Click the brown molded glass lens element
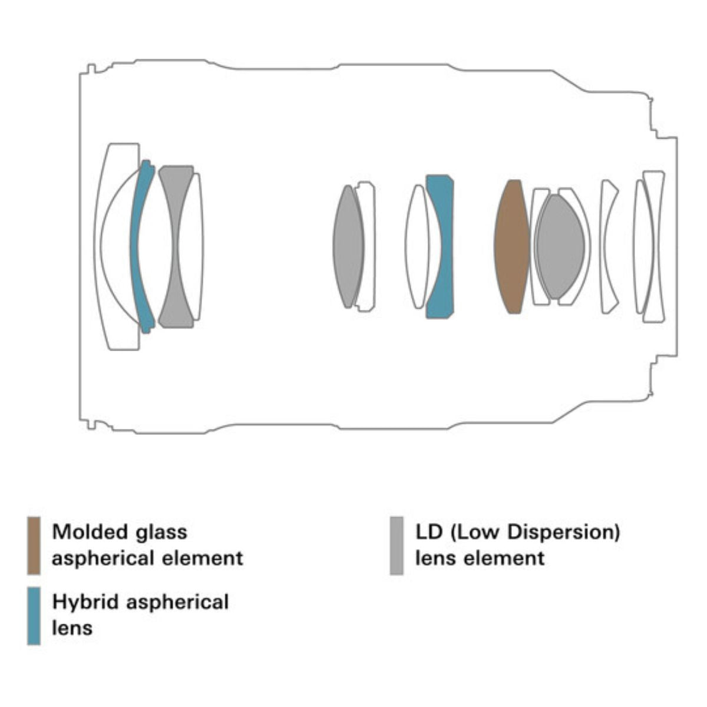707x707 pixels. click(x=511, y=246)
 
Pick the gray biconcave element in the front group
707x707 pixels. click(x=175, y=246)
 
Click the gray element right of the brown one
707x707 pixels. click(x=560, y=246)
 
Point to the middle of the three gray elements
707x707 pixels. click(x=348, y=246)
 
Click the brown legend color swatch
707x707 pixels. click(x=34, y=545)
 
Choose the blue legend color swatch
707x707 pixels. click(x=34, y=615)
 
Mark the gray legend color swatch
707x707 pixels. click(x=397, y=545)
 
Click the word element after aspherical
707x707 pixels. click(x=206, y=558)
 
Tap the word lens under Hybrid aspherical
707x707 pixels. click(x=72, y=627)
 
